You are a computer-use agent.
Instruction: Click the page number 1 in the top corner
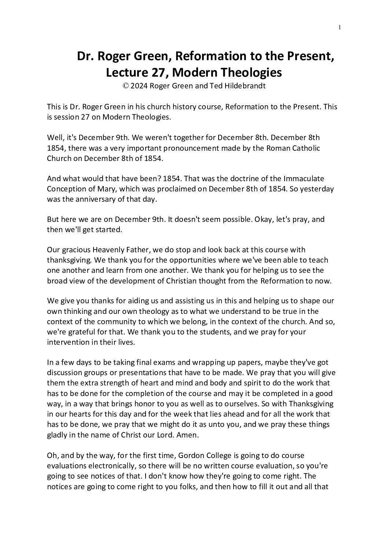340,27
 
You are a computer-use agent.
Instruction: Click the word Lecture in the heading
126,73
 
